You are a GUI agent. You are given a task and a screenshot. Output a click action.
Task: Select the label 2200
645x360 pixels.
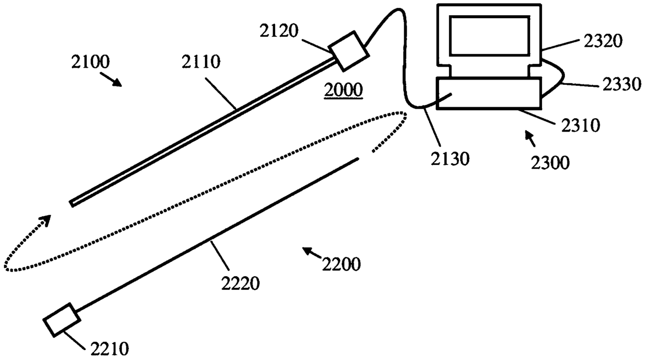[x=341, y=265]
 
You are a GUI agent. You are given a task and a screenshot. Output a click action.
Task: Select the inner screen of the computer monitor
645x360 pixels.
[x=489, y=35]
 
